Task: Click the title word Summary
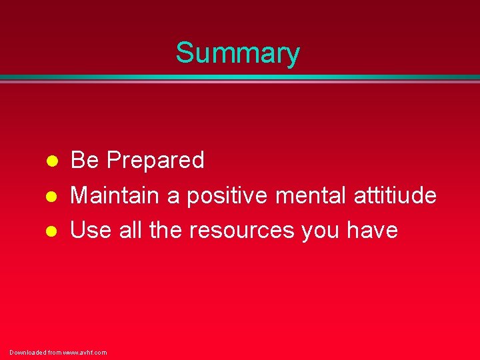(x=238, y=53)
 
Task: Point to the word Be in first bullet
(x=85, y=160)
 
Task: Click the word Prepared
(x=155, y=161)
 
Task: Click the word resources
(x=241, y=231)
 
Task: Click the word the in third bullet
(x=167, y=230)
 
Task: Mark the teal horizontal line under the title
(x=240, y=77)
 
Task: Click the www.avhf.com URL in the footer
(x=85, y=352)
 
